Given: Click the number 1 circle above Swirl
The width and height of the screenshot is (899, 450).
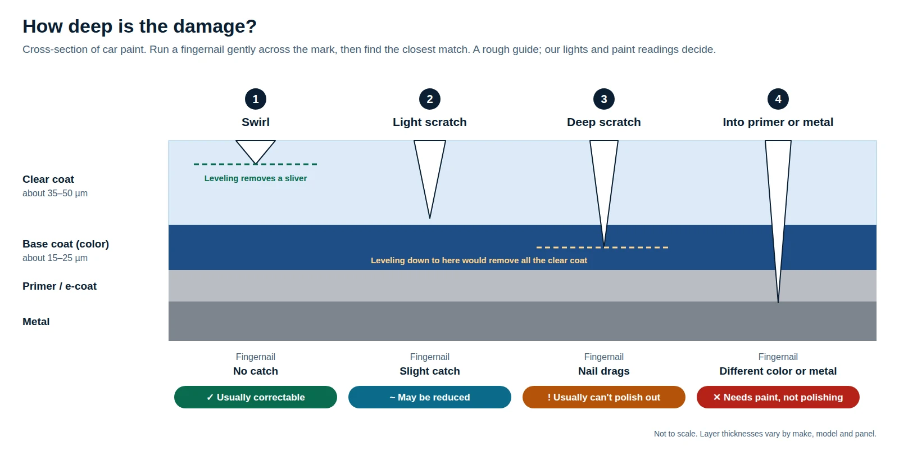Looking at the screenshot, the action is tap(255, 99).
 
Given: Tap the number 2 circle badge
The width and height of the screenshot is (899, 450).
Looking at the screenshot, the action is tap(429, 99).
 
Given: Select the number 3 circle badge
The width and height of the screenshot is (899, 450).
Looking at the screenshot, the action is tap(603, 99).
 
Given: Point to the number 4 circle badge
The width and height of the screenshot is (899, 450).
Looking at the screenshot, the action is tap(778, 99).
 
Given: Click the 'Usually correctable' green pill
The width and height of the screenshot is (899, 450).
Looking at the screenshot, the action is tap(255, 397).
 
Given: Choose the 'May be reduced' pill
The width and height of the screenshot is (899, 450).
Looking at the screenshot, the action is tap(429, 397).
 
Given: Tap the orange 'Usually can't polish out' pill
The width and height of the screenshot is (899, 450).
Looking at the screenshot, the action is tap(603, 397).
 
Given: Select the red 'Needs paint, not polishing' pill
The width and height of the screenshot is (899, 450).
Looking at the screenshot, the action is tap(778, 397).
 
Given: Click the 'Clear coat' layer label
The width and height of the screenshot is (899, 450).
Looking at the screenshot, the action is tap(48, 179).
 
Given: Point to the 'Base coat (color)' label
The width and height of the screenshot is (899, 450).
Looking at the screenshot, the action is tap(66, 244).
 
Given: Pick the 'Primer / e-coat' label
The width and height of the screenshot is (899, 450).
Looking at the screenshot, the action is tap(60, 286).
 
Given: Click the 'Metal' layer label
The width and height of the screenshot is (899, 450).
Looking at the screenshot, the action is tap(36, 321).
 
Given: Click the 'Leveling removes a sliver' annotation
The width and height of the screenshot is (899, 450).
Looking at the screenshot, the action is tap(255, 178).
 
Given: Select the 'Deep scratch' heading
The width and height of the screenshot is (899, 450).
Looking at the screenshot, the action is tap(603, 122).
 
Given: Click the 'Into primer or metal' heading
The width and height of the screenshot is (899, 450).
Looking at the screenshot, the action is tap(778, 122).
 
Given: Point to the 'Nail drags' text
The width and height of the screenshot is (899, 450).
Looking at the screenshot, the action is tap(603, 371).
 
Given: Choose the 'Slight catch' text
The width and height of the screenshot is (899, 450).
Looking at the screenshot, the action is tap(429, 371).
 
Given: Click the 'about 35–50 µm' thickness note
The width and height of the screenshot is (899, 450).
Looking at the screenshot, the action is tap(55, 193).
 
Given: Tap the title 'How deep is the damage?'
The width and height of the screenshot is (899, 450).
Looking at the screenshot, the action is tap(139, 26).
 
